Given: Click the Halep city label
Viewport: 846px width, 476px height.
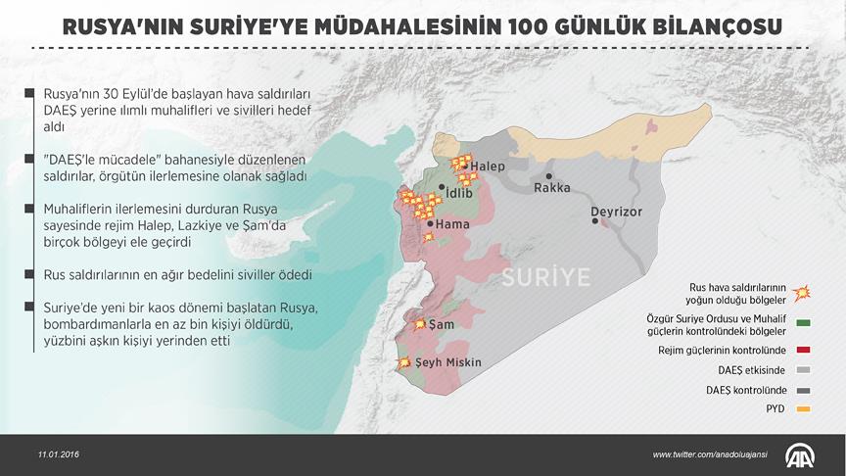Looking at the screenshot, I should coord(488,167).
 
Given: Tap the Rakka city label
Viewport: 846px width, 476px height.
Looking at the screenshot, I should coord(551,189).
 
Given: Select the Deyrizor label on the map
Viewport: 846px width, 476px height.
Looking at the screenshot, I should coord(617,212).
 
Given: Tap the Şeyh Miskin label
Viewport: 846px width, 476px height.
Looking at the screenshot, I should coord(448,362).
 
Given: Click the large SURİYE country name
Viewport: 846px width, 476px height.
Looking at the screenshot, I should coord(546,278).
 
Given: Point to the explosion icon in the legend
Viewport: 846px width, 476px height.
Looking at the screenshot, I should coord(803,293).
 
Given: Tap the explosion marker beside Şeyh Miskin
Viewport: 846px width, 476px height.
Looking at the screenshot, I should coord(402,363).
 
